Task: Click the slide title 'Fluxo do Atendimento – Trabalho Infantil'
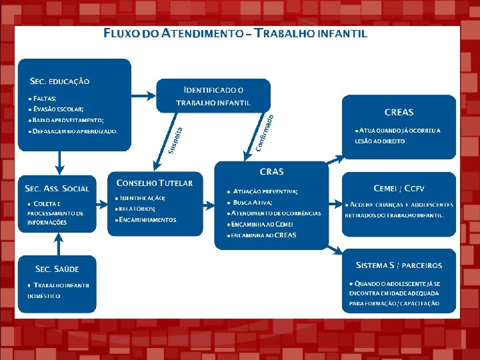coord(235,33)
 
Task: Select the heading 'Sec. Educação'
coord(59,81)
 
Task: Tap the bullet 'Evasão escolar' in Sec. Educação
coord(57,109)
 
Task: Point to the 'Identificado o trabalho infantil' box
coord(213,95)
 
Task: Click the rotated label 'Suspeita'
coord(175,139)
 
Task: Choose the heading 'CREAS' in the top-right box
coord(399,112)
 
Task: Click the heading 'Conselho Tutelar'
coord(154,183)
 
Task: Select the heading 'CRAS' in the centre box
coord(271,171)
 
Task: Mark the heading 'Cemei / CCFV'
coord(399,188)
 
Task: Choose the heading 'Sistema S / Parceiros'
coord(399,265)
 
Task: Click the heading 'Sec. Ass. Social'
coord(57,188)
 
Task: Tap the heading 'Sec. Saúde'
coord(57,269)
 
